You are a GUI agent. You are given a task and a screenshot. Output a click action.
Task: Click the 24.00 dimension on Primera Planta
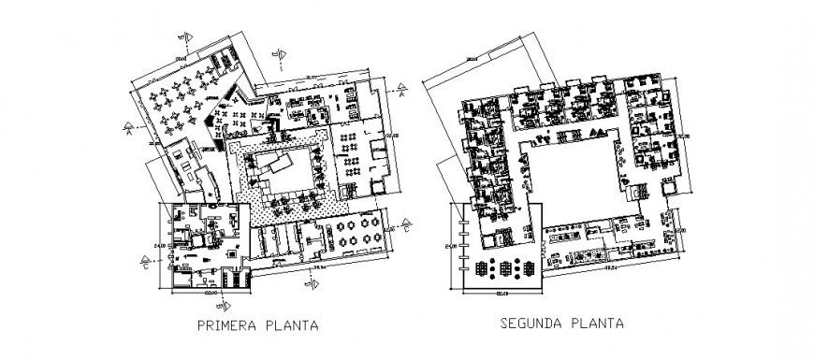click(160, 246)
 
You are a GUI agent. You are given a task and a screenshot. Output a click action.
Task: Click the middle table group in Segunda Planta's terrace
click(506, 267)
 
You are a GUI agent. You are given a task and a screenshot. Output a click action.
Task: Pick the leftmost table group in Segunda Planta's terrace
click(482, 267)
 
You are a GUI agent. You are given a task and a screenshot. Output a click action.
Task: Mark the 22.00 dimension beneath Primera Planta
click(212, 297)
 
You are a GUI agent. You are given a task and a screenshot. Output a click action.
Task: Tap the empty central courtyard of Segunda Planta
click(573, 178)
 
